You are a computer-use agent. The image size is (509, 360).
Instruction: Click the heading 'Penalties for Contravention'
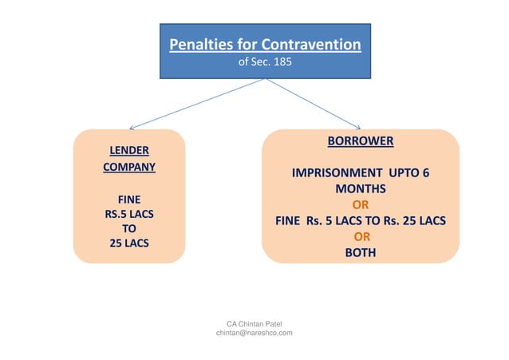tap(265, 44)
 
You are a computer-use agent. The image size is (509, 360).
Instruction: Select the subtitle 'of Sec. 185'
tap(265, 61)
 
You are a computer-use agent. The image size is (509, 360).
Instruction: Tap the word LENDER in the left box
tap(128, 150)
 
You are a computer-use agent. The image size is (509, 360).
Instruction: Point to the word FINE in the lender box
tap(128, 199)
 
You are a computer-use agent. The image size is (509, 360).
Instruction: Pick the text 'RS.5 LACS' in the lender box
tap(128, 213)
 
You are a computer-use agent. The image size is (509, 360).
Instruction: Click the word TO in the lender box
tap(128, 227)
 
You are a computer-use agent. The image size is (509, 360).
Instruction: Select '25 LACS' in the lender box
tap(128, 243)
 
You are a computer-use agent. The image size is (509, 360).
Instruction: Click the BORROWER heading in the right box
tap(360, 141)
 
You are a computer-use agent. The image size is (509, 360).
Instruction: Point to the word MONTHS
tap(360, 189)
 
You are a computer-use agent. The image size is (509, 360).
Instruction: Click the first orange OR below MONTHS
tap(360, 205)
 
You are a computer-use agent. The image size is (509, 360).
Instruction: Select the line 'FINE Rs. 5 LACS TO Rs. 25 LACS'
tap(360, 221)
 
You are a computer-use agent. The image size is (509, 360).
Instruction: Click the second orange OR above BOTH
tap(361, 237)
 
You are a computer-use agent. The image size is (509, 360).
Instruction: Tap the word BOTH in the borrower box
tap(360, 252)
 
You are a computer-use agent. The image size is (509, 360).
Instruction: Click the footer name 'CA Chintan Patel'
tap(254, 323)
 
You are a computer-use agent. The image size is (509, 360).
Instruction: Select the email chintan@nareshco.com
tap(254, 333)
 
